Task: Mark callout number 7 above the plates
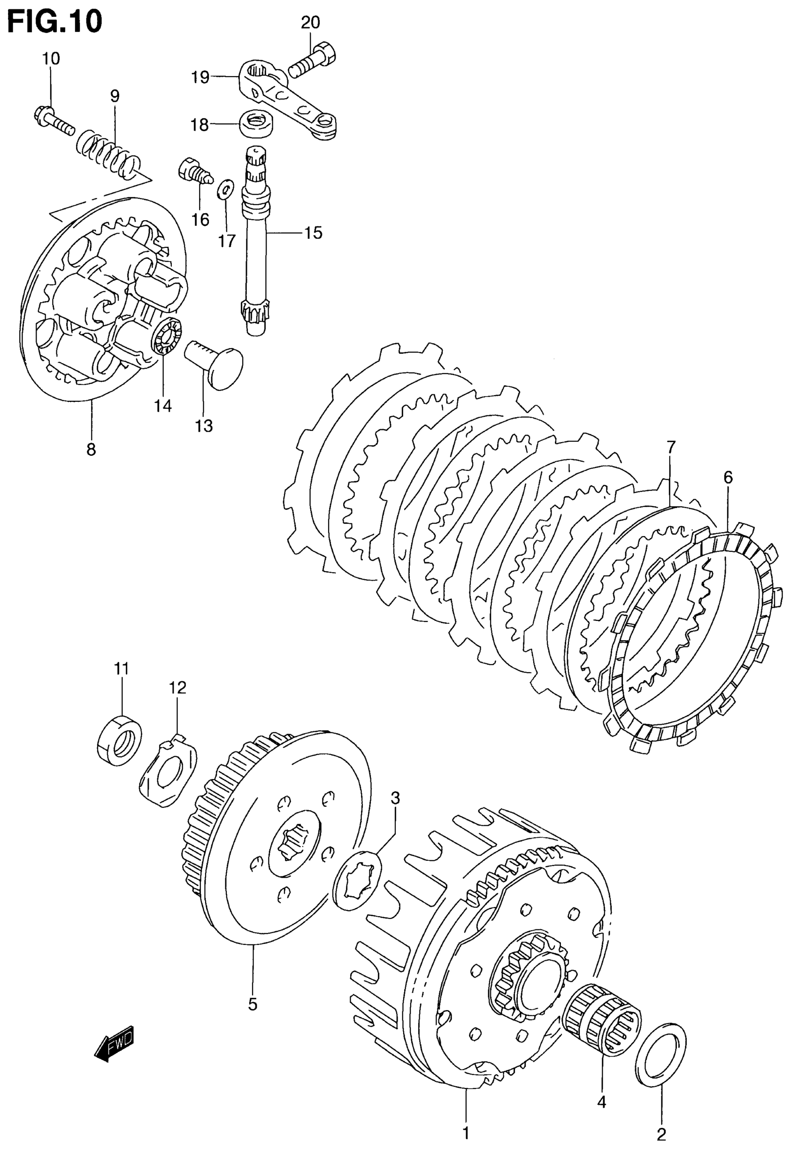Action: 670,446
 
